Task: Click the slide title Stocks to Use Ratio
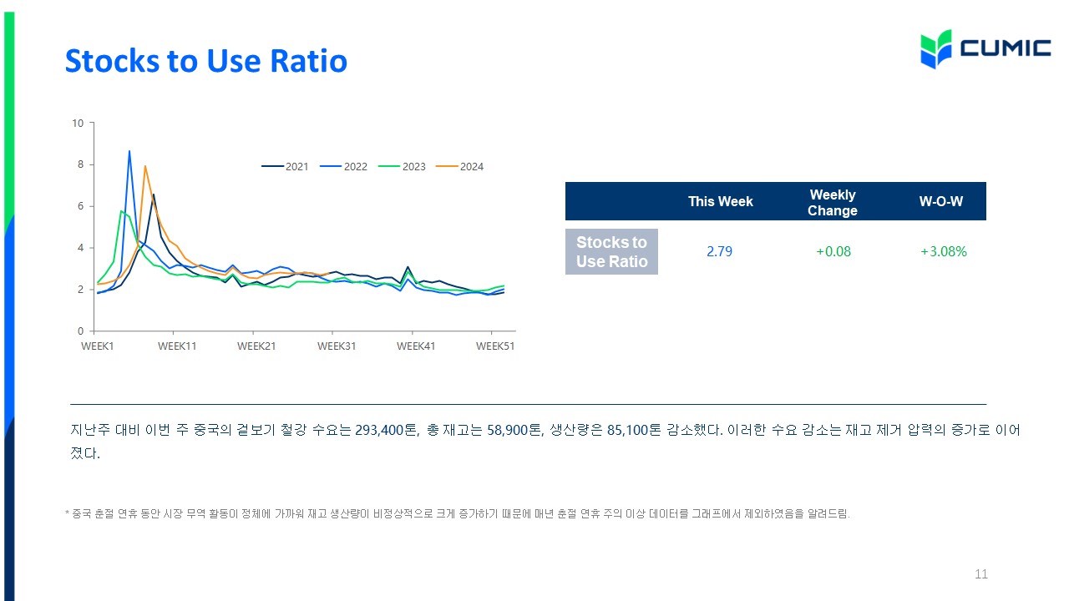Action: point(206,61)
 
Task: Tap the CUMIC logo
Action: point(985,49)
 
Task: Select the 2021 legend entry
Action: point(285,166)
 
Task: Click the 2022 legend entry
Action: point(343,166)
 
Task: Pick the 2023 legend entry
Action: point(402,166)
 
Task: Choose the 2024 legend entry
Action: point(459,166)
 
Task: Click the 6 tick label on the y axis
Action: point(81,206)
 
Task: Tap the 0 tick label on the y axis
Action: point(81,331)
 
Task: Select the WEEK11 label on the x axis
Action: point(177,346)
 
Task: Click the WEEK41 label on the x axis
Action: point(416,346)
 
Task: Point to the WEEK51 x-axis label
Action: point(495,346)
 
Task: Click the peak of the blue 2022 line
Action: point(129,151)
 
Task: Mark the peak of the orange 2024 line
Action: point(145,166)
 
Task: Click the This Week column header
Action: point(720,201)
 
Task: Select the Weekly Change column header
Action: point(833,203)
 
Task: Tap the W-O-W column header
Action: point(941,201)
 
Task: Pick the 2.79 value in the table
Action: point(719,251)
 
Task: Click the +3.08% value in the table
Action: point(944,251)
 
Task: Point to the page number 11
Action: point(981,573)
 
